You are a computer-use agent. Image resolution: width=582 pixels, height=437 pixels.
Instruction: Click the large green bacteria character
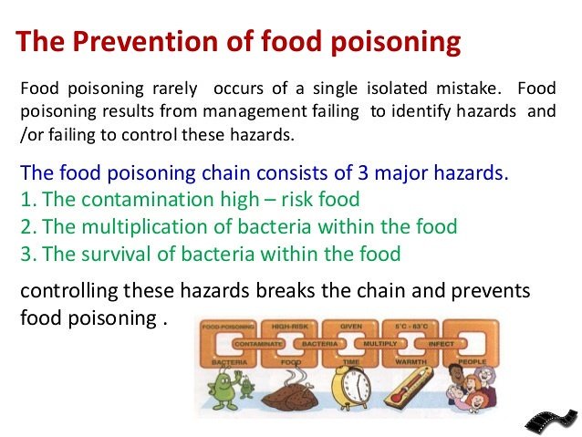pos(223,387)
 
